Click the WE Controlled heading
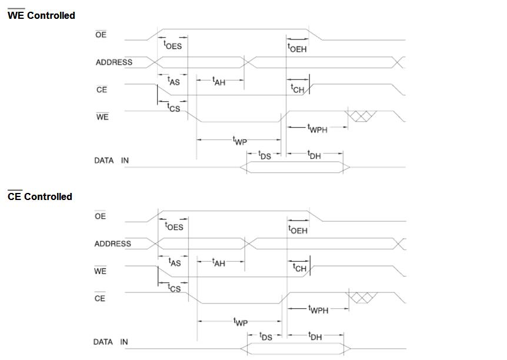[41, 15]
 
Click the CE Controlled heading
[40, 196]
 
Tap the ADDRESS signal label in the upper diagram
[114, 62]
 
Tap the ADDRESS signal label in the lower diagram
[113, 244]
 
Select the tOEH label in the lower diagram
[298, 229]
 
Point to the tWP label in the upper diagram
[240, 141]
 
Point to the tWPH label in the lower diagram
[318, 309]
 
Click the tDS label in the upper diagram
[265, 155]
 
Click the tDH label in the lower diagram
[315, 336]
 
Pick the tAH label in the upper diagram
[219, 82]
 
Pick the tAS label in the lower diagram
[175, 262]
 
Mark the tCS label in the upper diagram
[174, 108]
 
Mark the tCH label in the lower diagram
[299, 268]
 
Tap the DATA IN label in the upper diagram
[112, 160]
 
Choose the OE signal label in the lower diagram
[101, 216]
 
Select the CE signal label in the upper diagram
[101, 90]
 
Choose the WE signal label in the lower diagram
[101, 271]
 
